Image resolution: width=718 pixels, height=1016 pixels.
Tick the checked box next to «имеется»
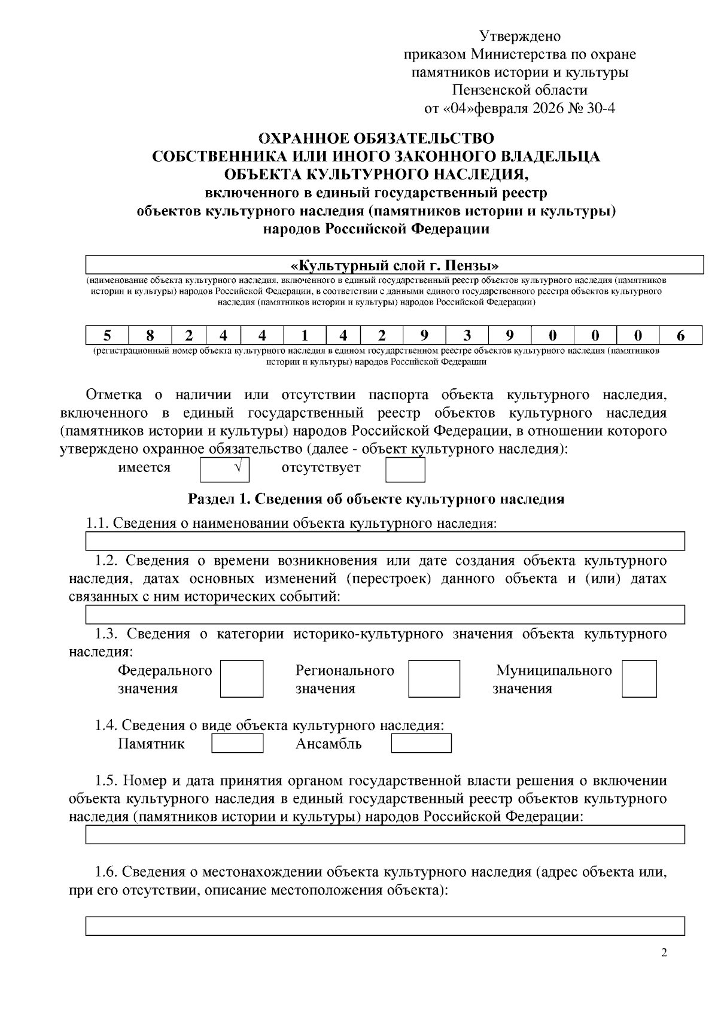(x=224, y=470)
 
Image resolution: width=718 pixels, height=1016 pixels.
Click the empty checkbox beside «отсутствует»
(x=405, y=470)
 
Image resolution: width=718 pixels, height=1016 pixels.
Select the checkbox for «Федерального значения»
(x=242, y=679)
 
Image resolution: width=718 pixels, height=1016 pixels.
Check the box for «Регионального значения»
(x=434, y=679)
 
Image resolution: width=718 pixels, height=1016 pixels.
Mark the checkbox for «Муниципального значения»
(x=639, y=679)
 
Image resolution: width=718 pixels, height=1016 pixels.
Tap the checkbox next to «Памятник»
(x=238, y=743)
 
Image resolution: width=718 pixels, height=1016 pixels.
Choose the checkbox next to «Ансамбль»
(x=421, y=743)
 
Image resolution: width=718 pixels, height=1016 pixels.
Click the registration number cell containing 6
(x=680, y=335)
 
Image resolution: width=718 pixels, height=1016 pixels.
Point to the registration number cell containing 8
(x=151, y=335)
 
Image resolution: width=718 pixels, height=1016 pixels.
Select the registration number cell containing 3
(x=467, y=335)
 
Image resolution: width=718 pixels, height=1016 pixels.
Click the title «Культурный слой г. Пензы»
(x=394, y=264)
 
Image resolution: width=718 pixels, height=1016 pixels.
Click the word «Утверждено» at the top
(x=520, y=36)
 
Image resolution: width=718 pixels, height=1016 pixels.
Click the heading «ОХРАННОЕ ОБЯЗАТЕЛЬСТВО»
(x=376, y=138)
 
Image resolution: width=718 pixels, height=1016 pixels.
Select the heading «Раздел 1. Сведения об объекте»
(x=376, y=498)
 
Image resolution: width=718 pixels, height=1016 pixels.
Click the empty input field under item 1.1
(x=385, y=542)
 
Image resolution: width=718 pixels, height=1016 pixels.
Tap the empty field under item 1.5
(x=385, y=835)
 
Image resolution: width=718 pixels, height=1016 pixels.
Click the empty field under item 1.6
(x=385, y=926)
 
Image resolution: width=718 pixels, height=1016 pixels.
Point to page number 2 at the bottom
(x=664, y=953)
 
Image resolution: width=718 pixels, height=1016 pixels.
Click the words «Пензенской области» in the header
(x=520, y=91)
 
